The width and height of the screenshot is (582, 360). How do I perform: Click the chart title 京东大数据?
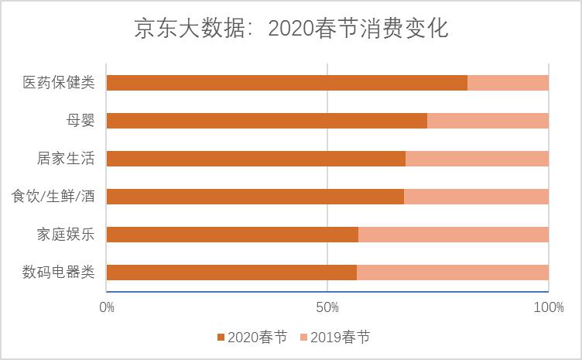[291, 29]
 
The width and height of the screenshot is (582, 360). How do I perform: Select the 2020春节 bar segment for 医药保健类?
[286, 83]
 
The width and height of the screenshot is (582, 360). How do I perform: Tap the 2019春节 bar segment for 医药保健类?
[508, 83]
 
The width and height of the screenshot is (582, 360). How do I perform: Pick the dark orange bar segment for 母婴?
[266, 121]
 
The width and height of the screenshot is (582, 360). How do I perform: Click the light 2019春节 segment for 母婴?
[488, 121]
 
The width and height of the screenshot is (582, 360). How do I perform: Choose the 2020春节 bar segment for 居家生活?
[255, 159]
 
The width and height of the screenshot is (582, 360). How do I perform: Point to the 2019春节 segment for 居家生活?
[477, 159]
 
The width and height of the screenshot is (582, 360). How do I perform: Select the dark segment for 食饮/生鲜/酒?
[255, 197]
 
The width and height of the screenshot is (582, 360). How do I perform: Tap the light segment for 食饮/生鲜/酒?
[476, 197]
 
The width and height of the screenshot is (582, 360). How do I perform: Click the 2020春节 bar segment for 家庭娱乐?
[232, 235]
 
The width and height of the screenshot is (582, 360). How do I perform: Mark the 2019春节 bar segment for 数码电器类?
[452, 273]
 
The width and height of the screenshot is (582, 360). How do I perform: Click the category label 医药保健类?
[58, 83]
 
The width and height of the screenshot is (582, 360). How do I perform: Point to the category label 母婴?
[80, 121]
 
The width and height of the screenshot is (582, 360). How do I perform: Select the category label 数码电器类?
[58, 273]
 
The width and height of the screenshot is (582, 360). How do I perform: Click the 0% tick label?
[107, 307]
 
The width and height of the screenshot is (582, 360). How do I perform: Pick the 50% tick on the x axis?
[327, 307]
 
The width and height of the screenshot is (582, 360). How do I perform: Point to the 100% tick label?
[548, 307]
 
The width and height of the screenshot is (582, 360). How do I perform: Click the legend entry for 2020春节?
[252, 338]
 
